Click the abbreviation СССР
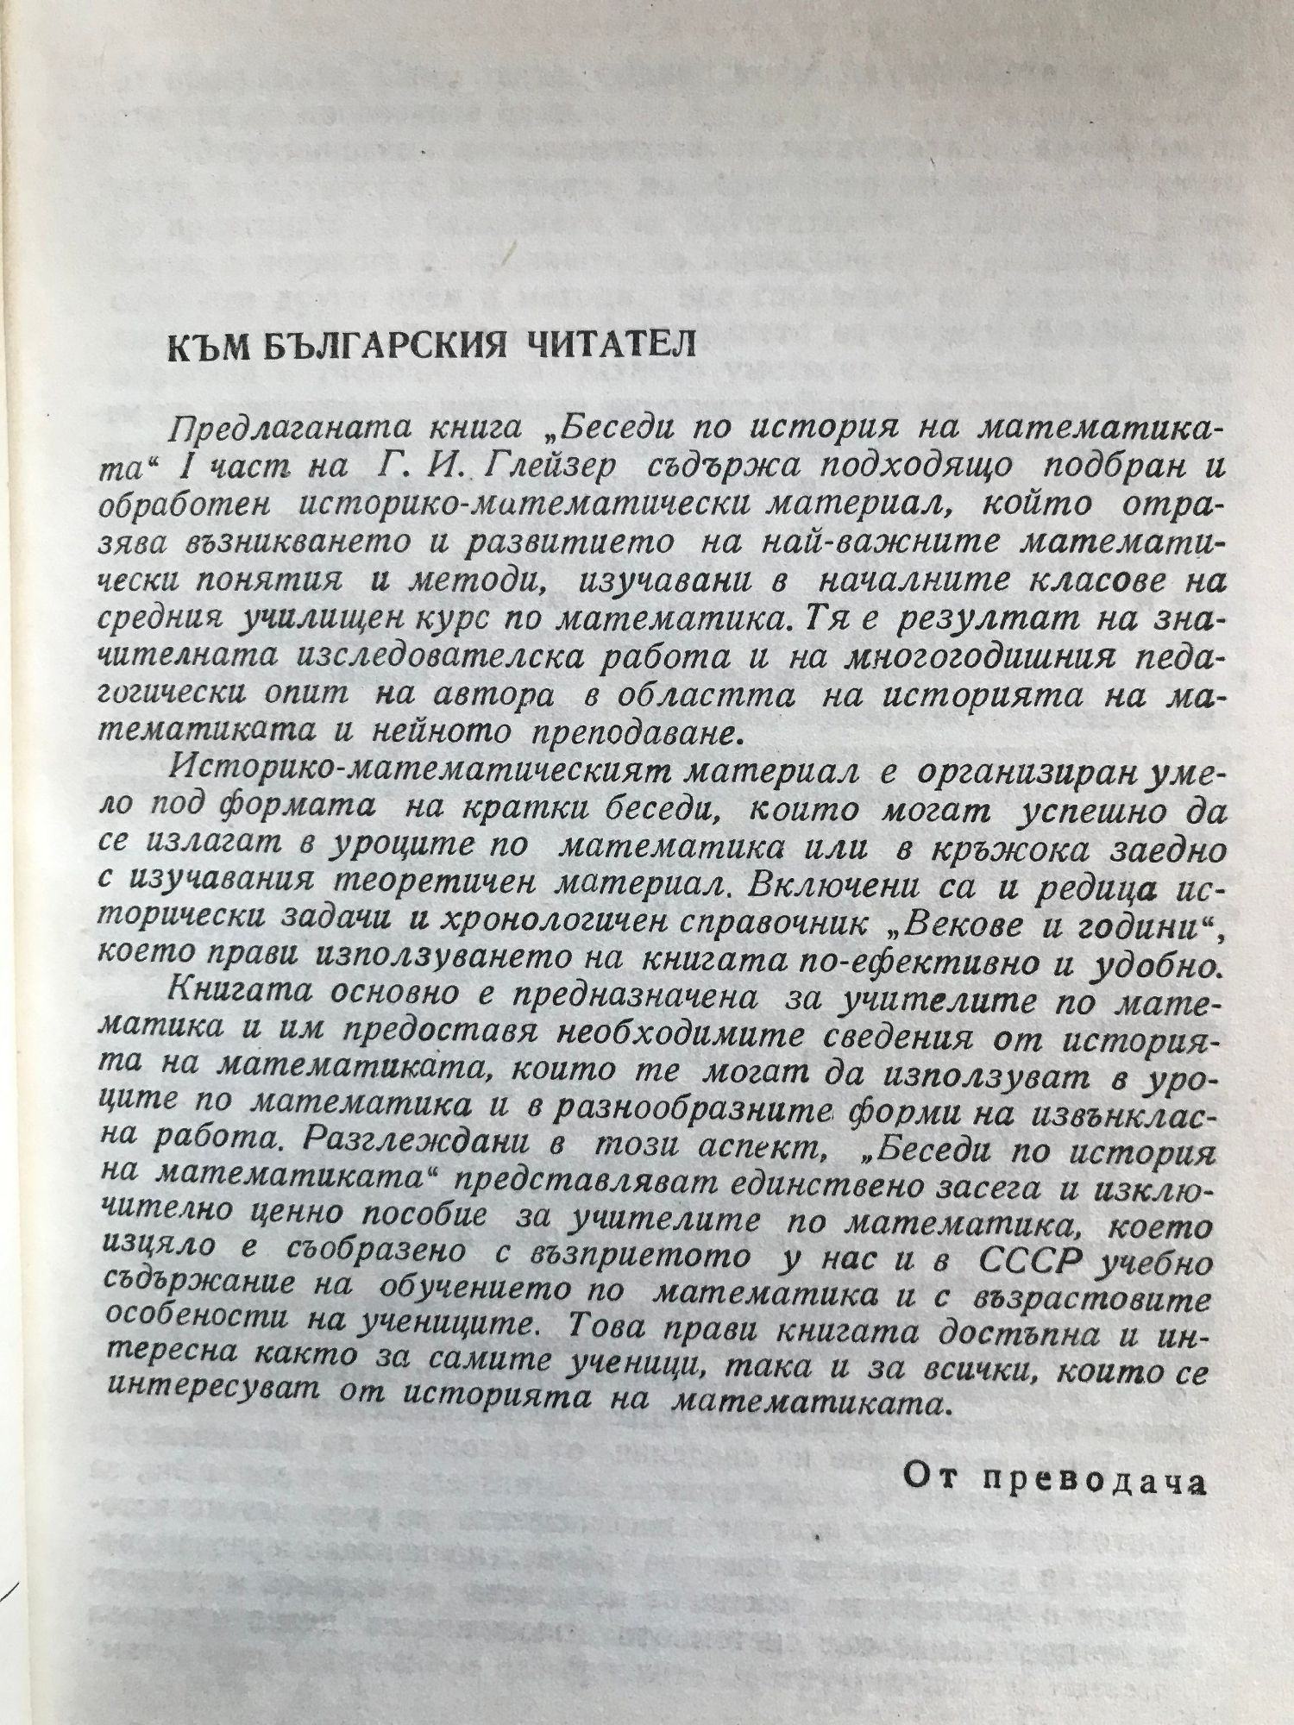(x=1032, y=1263)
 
